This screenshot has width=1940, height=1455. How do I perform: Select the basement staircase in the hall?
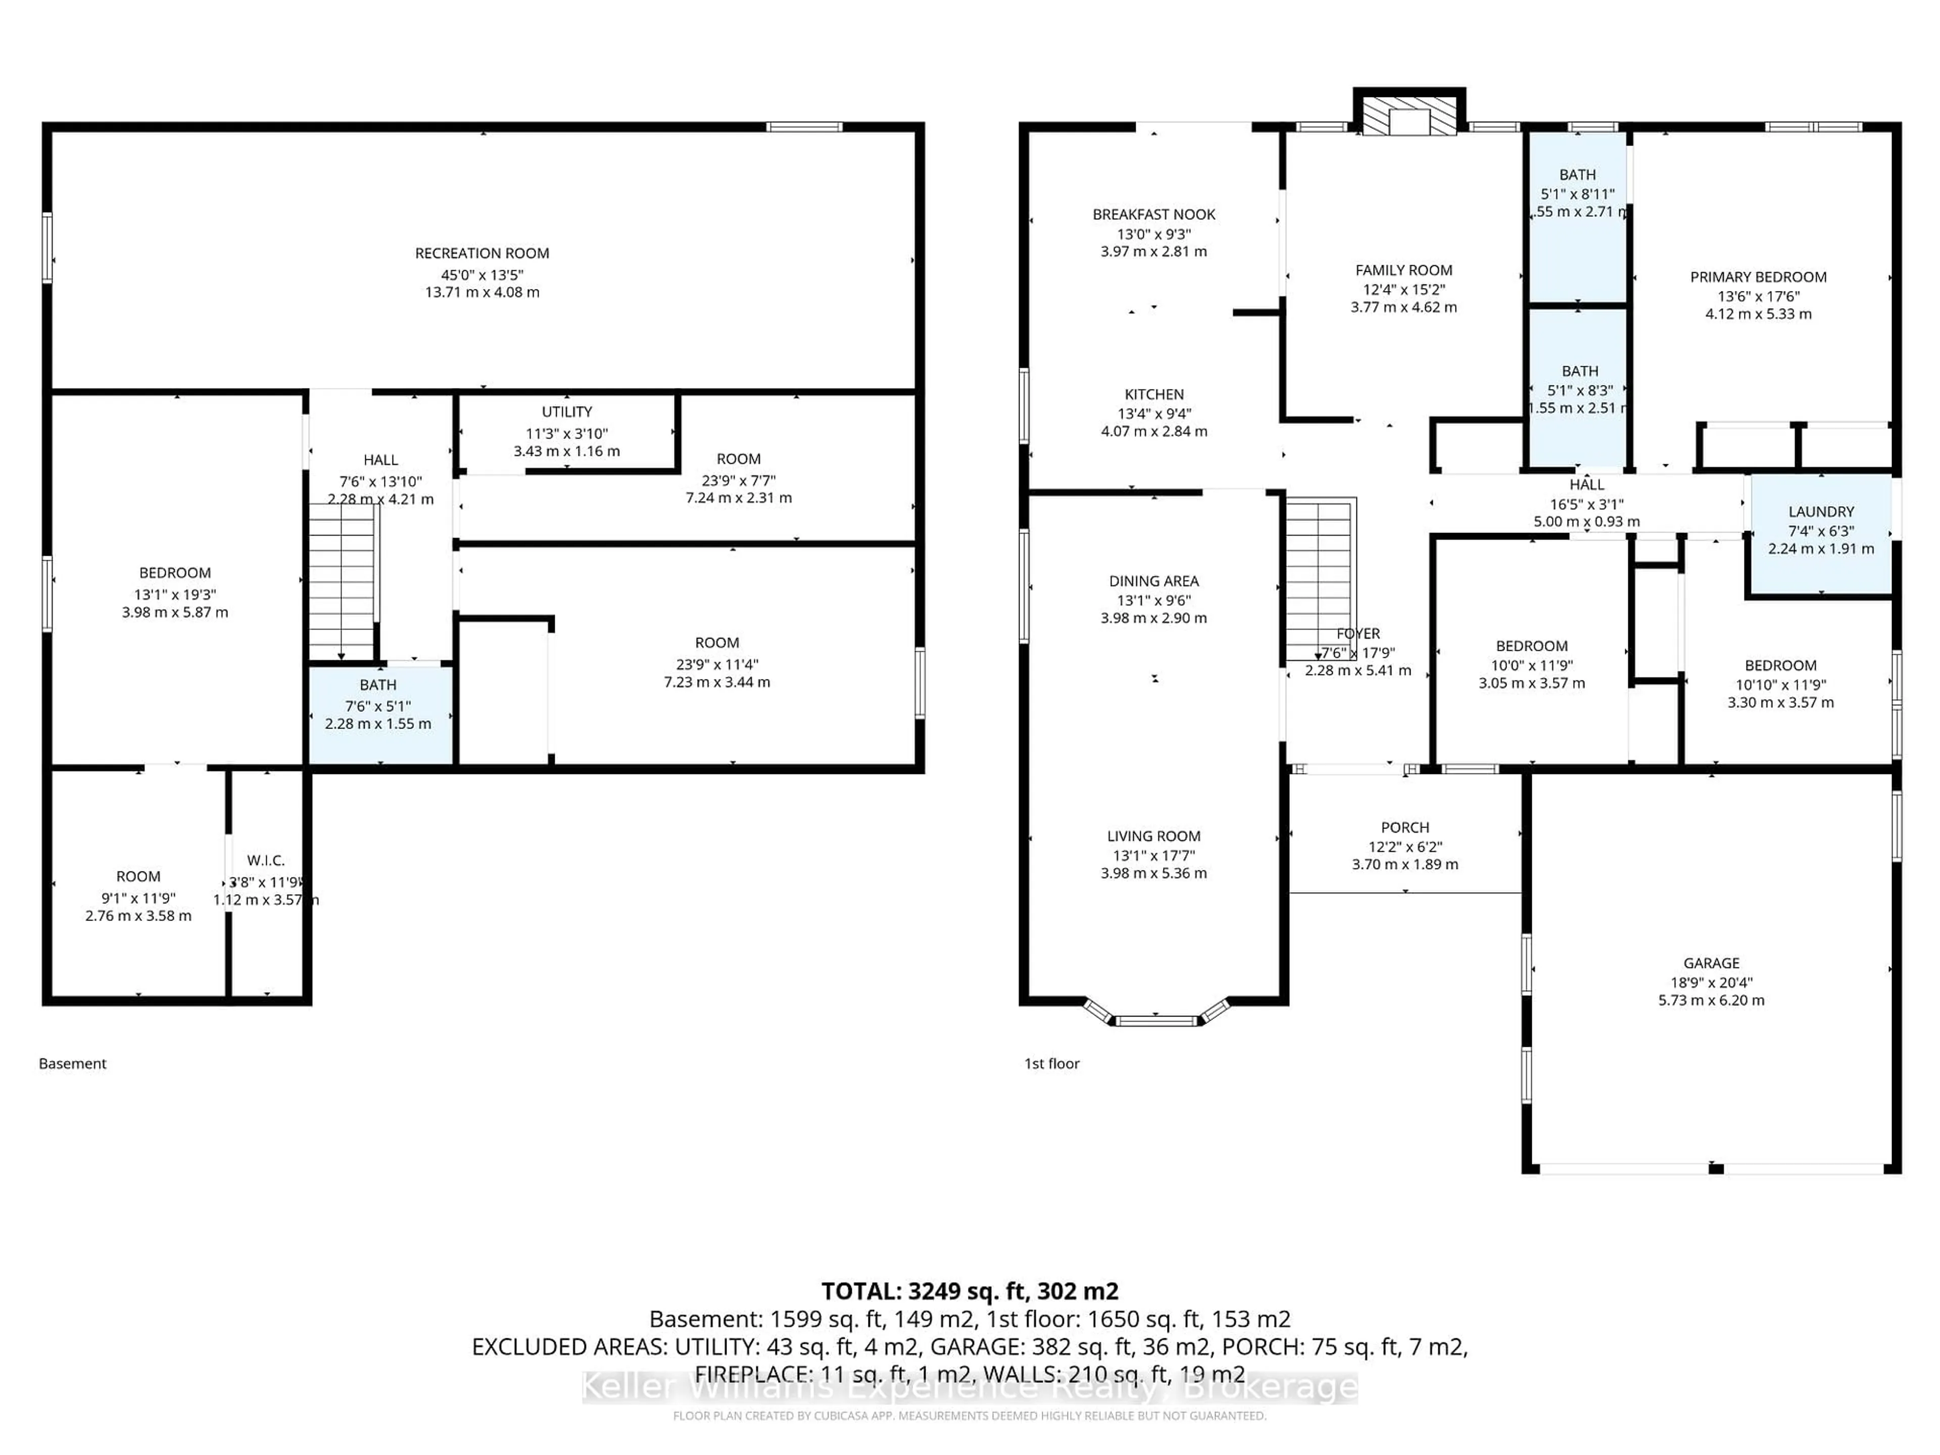pos(342,583)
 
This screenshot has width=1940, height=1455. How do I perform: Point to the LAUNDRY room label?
pos(1821,511)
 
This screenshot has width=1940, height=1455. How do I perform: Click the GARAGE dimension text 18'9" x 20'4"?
pos(1711,982)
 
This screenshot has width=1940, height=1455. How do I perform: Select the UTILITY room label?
pos(566,411)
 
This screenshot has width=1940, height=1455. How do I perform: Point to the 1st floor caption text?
pos(1051,1063)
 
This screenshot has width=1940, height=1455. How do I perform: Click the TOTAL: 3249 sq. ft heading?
pos(969,1291)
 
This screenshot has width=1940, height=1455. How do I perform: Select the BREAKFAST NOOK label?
pos(1153,214)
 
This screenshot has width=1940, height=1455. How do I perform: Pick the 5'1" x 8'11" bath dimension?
pos(1577,194)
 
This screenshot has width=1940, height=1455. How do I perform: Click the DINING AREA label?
pos(1153,580)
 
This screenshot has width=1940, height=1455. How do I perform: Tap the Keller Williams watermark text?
pos(969,1387)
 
